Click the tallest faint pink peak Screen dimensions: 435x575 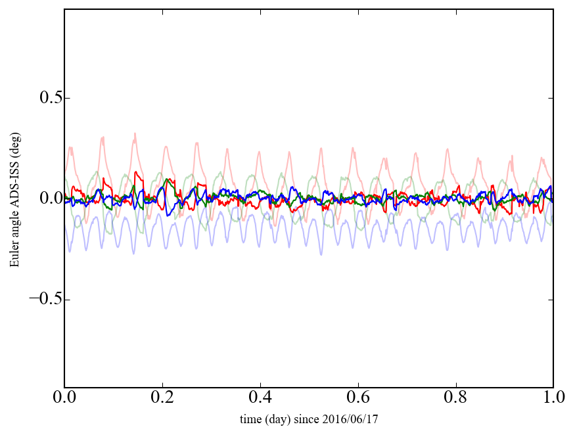135,133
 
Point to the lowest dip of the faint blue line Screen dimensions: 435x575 321,254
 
